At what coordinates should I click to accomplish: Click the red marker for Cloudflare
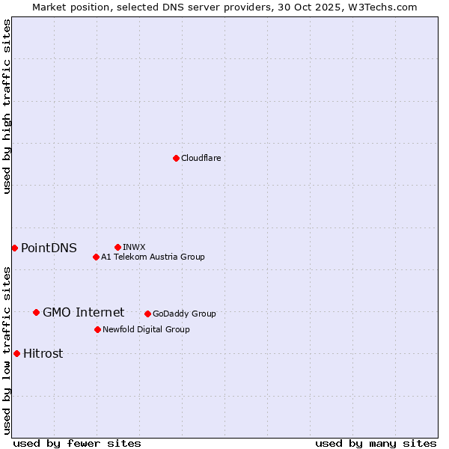click(176, 158)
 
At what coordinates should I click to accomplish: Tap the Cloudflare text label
click(201, 158)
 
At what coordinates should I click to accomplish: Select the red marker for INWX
click(117, 247)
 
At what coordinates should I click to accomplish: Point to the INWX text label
click(134, 247)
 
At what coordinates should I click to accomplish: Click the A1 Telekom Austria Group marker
click(96, 257)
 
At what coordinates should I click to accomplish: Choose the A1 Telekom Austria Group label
click(153, 257)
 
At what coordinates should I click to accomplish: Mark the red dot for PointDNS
click(14, 248)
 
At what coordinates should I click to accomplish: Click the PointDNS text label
click(49, 248)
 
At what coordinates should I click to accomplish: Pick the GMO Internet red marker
click(36, 312)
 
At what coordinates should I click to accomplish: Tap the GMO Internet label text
click(83, 312)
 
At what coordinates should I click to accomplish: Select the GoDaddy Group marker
click(147, 314)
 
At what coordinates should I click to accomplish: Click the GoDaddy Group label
click(184, 314)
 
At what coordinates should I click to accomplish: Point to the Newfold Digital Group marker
click(97, 329)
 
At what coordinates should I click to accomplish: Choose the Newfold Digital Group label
click(146, 329)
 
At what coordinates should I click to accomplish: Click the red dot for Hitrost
click(16, 353)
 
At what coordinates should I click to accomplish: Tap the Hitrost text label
click(43, 353)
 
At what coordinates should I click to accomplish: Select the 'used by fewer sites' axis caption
click(77, 443)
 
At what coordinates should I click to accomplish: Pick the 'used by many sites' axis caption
click(376, 443)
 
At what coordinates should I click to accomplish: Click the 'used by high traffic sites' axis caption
click(7, 106)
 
